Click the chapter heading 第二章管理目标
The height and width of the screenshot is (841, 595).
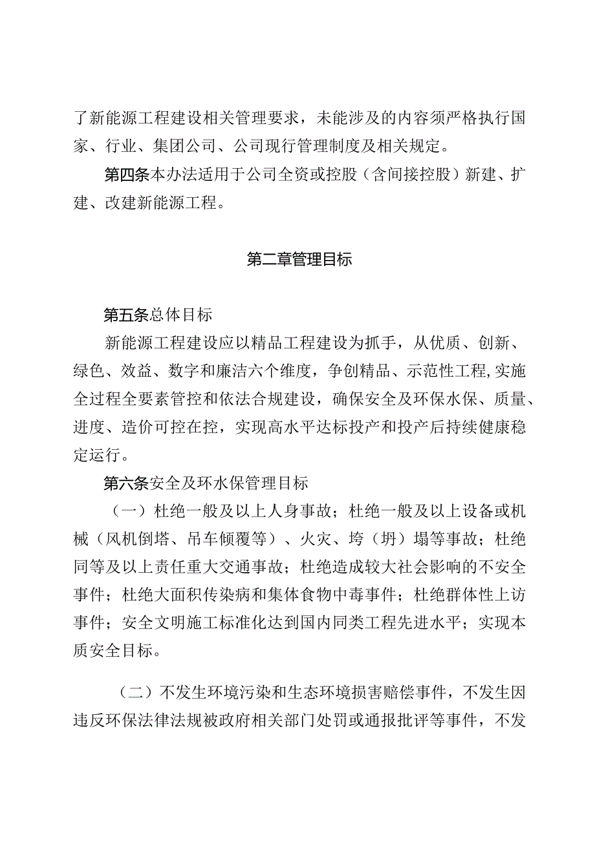(x=299, y=261)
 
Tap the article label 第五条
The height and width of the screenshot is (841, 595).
(x=126, y=315)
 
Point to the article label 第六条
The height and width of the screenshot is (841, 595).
(x=126, y=482)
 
